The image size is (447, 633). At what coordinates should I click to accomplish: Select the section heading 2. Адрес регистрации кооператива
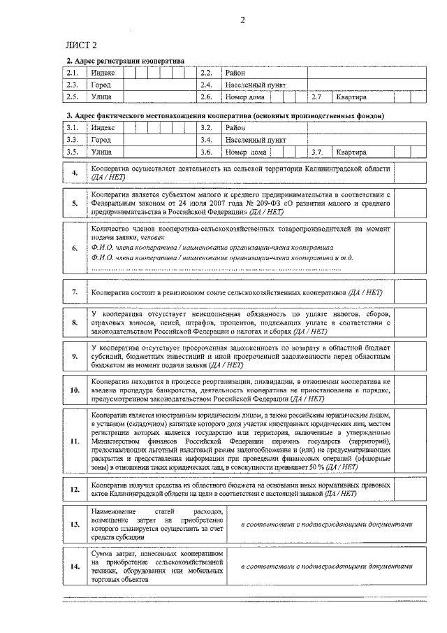(x=125, y=62)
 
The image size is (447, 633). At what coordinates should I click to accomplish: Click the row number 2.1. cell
(x=72, y=73)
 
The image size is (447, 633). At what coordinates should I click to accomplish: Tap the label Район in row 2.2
(x=235, y=73)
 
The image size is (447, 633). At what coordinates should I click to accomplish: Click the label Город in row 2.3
(x=101, y=85)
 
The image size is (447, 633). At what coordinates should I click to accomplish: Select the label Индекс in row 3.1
(x=103, y=128)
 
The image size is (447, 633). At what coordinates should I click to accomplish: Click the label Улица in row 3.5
(x=101, y=152)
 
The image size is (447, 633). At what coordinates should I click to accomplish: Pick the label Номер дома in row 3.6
(x=246, y=152)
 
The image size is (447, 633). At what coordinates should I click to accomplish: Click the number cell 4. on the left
(x=75, y=173)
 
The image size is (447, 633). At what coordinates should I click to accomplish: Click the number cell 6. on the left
(x=75, y=248)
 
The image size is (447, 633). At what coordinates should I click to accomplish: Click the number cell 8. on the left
(x=75, y=322)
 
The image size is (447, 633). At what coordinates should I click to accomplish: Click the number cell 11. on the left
(x=75, y=442)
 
